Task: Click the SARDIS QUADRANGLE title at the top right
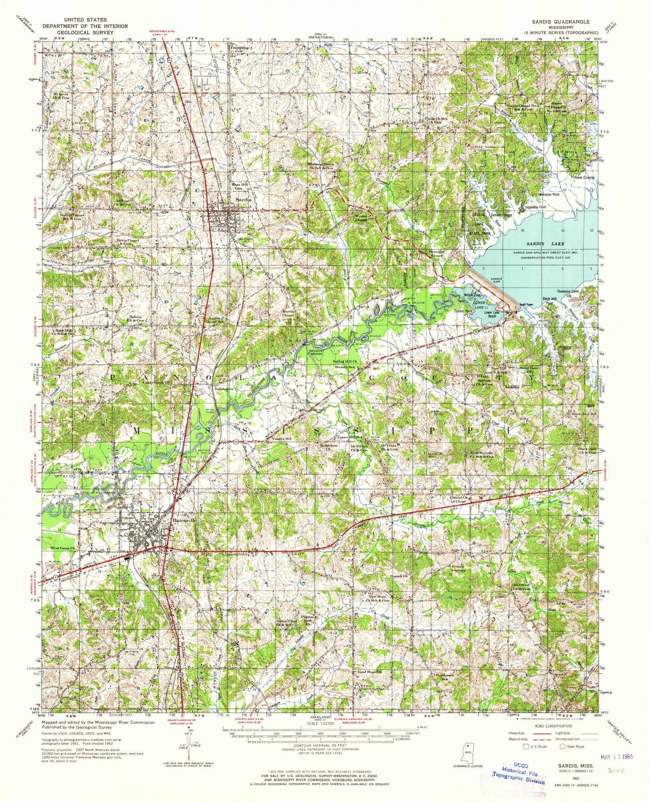[560, 22]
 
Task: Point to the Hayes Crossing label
[584, 178]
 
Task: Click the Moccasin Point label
[549, 195]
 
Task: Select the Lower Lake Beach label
[493, 314]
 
